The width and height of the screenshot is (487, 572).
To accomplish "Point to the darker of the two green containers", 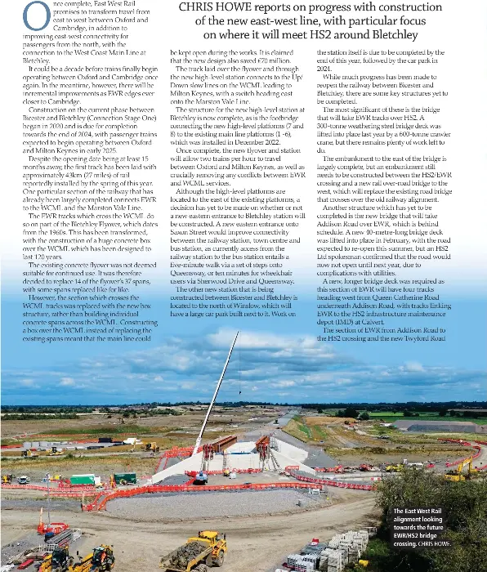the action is pyautogui.click(x=124, y=478).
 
